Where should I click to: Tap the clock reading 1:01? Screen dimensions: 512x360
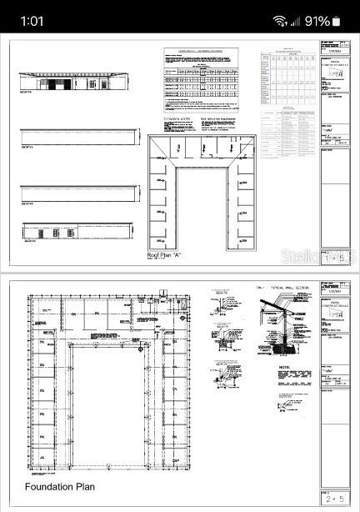pos(32,21)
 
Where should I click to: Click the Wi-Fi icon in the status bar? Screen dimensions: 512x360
pos(279,21)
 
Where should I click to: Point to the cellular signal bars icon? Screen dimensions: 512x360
pos(296,21)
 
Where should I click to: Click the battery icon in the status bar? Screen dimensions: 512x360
pos(337,21)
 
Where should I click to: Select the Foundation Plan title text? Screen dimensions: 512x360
pos(59,487)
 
